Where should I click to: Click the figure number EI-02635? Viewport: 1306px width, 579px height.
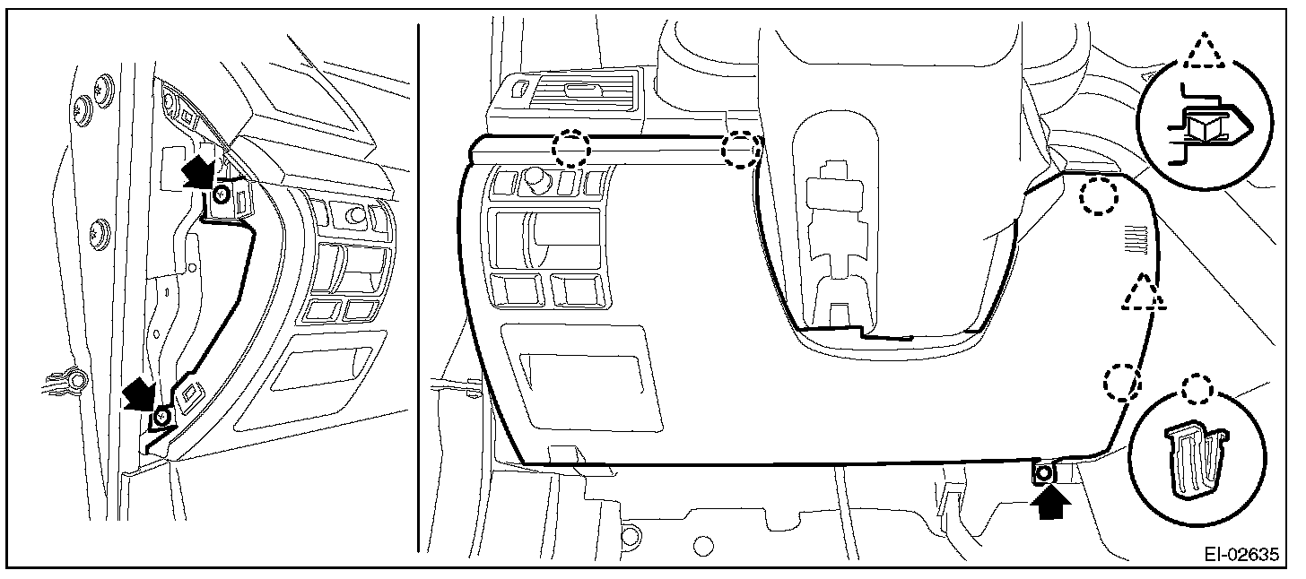pyautogui.click(x=1241, y=555)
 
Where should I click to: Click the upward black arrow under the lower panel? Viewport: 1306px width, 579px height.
pyautogui.click(x=1050, y=505)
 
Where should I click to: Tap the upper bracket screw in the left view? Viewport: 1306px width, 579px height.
pyautogui.click(x=221, y=194)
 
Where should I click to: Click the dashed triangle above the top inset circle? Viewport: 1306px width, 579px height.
pyautogui.click(x=1204, y=51)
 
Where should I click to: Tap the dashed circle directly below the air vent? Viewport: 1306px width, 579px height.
pyautogui.click(x=570, y=148)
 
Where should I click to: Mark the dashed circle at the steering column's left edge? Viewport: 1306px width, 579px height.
pyautogui.click(x=741, y=150)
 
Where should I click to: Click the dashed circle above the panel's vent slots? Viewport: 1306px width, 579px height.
pyautogui.click(x=1099, y=196)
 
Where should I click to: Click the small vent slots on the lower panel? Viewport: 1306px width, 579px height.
pyautogui.click(x=1136, y=239)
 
